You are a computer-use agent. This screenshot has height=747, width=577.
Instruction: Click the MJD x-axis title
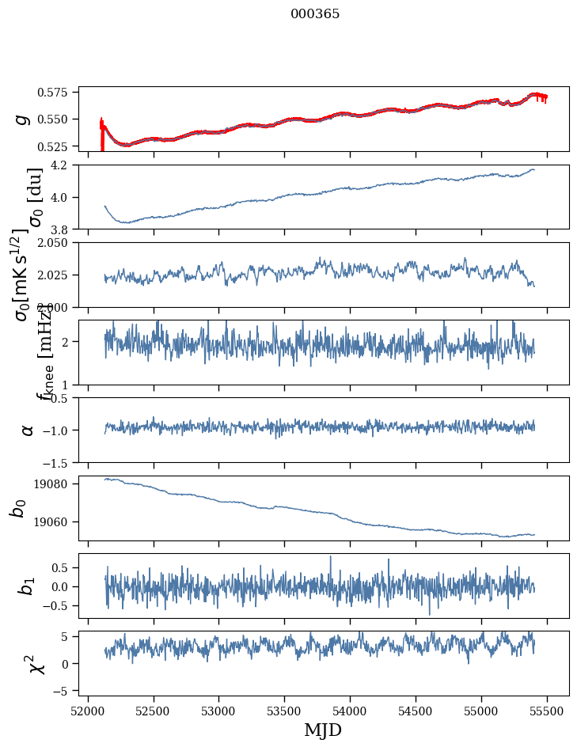(x=323, y=730)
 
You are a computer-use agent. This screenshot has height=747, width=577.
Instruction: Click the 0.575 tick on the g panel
(x=58, y=93)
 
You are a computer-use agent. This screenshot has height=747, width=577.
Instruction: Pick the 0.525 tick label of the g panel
(x=58, y=146)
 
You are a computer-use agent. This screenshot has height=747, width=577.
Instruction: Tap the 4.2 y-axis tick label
(x=64, y=165)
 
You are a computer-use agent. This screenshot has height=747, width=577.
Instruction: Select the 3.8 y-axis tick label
(x=64, y=229)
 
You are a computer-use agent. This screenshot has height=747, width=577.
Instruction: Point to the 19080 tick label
(x=58, y=484)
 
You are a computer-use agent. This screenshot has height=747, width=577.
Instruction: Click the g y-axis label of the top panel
(x=23, y=119)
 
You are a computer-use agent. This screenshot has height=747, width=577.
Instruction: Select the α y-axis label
(x=27, y=430)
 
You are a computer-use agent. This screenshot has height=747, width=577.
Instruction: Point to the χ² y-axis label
(x=37, y=663)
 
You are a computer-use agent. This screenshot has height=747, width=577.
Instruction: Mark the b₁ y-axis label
(x=27, y=586)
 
